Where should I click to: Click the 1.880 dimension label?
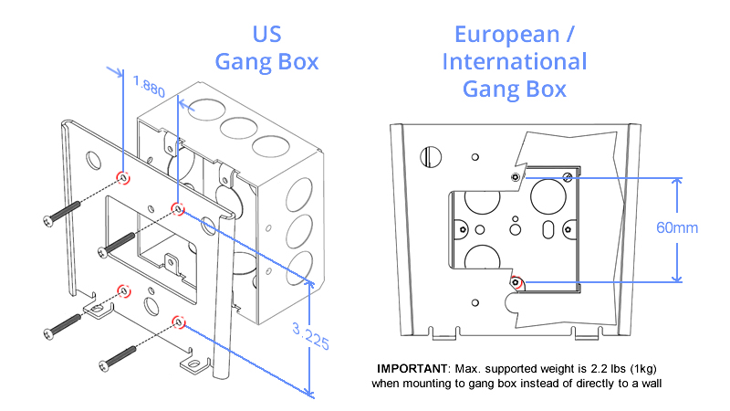(149, 87)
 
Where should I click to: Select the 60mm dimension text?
(676, 227)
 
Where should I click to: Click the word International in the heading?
(515, 62)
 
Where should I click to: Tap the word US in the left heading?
(266, 36)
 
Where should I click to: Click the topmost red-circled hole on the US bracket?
(123, 175)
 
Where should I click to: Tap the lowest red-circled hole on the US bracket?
(179, 321)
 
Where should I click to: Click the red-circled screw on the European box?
(516, 282)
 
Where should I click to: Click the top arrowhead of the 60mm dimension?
(676, 181)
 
